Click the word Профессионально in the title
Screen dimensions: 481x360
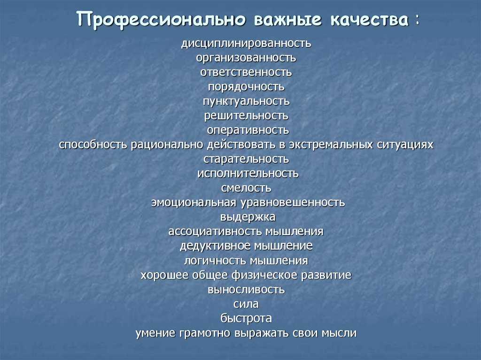pos(162,20)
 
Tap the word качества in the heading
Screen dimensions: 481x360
pos(370,19)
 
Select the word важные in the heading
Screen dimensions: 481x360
pos(288,19)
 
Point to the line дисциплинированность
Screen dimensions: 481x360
pos(246,44)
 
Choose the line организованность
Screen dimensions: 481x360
pos(246,58)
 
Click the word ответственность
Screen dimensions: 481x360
pos(246,72)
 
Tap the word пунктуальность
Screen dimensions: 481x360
pos(246,101)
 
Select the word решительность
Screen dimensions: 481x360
pos(246,116)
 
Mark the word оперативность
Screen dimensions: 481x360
pos(248,130)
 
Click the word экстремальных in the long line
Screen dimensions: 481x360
pos(331,145)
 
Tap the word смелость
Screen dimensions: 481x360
pos(246,188)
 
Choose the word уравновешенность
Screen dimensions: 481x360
pos(293,203)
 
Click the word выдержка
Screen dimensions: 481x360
pos(248,217)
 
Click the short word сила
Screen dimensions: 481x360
pos(246,304)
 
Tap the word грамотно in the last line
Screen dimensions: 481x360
pos(205,333)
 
